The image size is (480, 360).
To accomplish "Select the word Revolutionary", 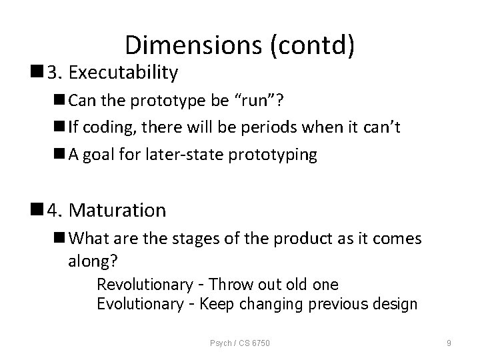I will coord(144,285).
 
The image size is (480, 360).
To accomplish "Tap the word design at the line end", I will coord(395,305).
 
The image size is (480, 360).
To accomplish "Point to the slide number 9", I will coord(449,343).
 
